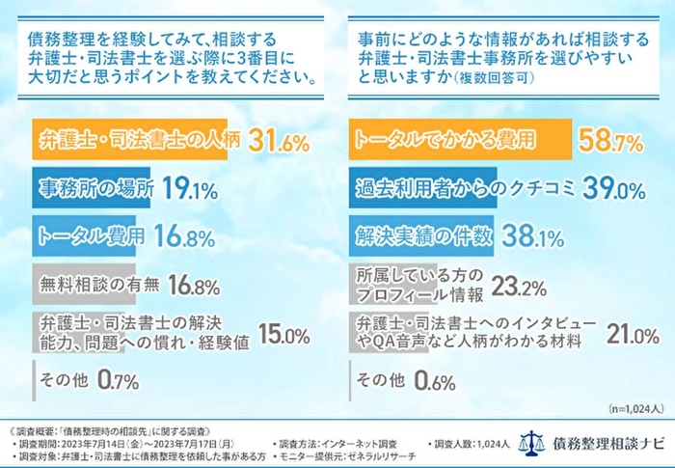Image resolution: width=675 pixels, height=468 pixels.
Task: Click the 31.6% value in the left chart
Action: tap(279, 143)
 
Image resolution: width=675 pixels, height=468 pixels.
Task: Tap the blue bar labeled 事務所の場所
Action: tap(93, 188)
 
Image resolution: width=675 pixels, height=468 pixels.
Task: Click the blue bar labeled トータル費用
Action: tap(87, 234)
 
